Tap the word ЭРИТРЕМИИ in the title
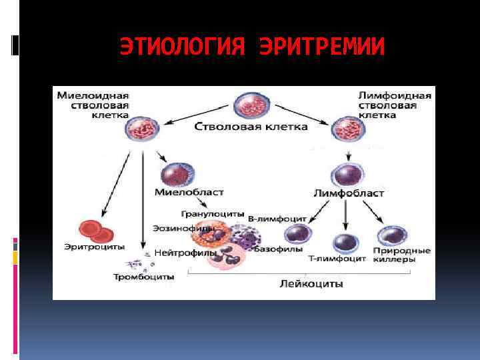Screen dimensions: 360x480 coord(322,47)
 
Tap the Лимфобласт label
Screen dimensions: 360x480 coord(348,193)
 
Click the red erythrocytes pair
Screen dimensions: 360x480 coord(96,230)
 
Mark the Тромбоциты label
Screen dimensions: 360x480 coord(144,276)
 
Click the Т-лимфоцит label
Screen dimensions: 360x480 coord(337,259)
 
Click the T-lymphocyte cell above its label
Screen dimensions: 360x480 coord(345,243)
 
